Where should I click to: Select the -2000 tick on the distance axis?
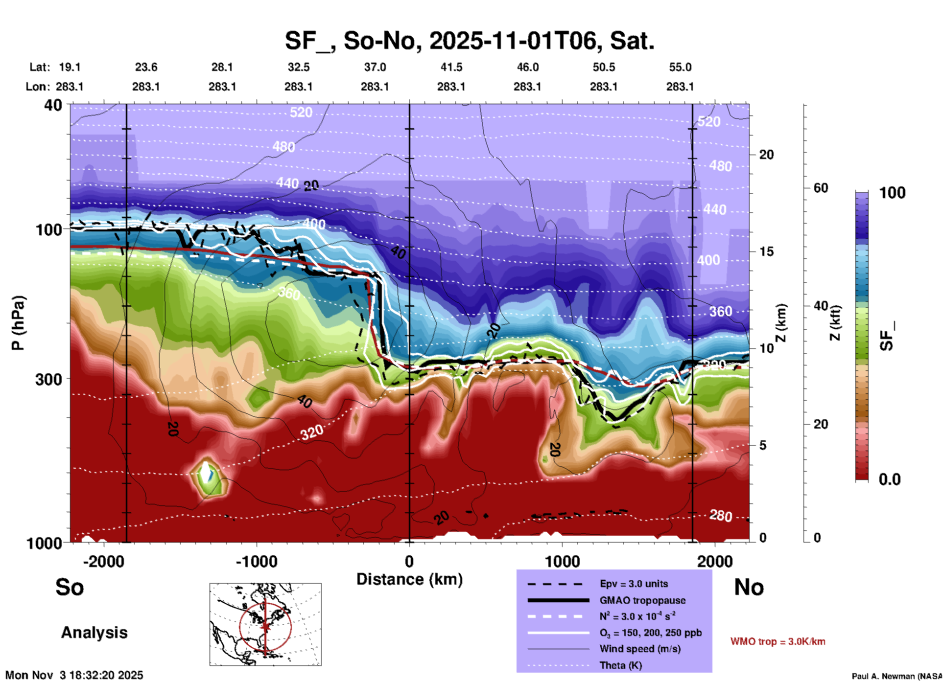click(x=103, y=562)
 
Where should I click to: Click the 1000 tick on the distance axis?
click(x=562, y=562)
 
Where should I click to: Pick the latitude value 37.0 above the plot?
click(x=375, y=67)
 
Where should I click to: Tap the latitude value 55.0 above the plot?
click(x=680, y=67)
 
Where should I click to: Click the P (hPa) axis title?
click(x=18, y=323)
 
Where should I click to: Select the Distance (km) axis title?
click(x=409, y=579)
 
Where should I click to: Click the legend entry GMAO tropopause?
click(x=642, y=600)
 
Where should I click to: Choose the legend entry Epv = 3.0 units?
click(x=634, y=584)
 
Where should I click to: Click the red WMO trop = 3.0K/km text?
click(x=778, y=641)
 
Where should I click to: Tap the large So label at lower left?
click(x=70, y=587)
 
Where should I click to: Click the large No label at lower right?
click(x=749, y=587)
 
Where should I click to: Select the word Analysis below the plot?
click(x=94, y=633)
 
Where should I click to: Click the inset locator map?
click(x=265, y=624)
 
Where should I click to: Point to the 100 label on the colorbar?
click(x=892, y=193)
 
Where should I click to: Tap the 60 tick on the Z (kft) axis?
click(x=821, y=188)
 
